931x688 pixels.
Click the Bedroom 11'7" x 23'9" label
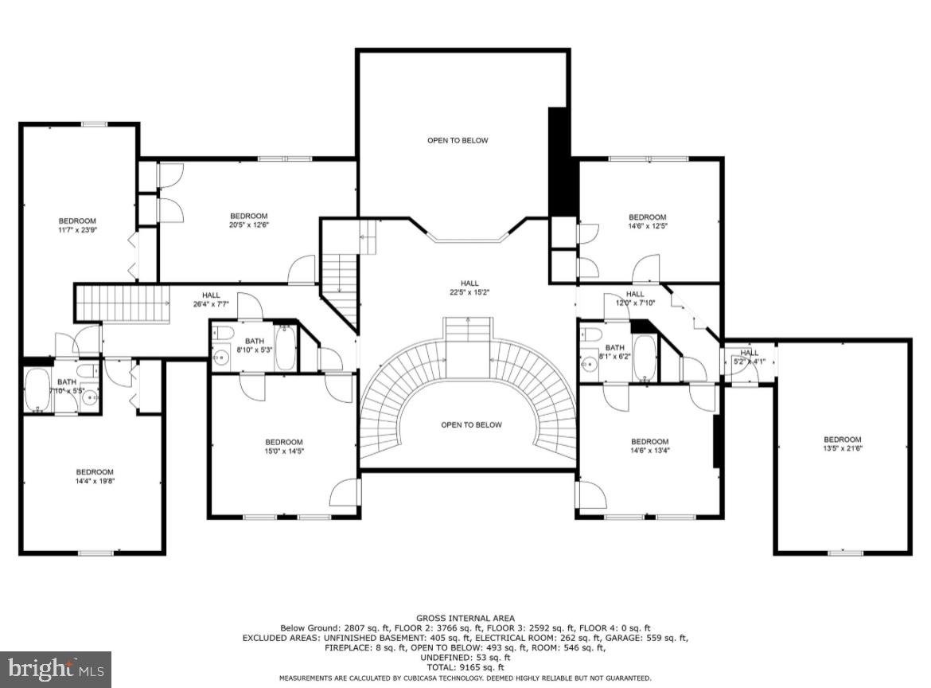[77, 225]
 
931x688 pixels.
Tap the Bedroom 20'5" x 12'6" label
[249, 221]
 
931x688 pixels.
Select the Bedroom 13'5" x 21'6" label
[843, 444]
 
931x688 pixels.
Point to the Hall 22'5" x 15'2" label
[469, 287]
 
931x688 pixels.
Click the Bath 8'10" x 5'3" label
[255, 346]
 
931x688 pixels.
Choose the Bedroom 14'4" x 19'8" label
[95, 476]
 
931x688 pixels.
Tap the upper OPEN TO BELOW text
[458, 141]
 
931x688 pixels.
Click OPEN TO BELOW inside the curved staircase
[472, 425]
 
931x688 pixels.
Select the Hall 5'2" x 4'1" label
[750, 358]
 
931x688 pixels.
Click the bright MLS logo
[56, 669]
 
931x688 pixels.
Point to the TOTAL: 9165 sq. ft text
[465, 667]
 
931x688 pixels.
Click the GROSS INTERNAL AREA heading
[465, 618]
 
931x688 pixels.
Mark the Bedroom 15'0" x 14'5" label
[284, 447]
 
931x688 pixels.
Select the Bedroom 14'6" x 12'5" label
[647, 221]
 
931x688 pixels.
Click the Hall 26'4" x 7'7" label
[211, 299]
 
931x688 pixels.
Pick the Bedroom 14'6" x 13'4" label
[649, 447]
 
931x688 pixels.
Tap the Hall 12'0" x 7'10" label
[634, 299]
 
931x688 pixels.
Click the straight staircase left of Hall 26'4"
[123, 303]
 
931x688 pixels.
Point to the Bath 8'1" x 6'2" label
[615, 352]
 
